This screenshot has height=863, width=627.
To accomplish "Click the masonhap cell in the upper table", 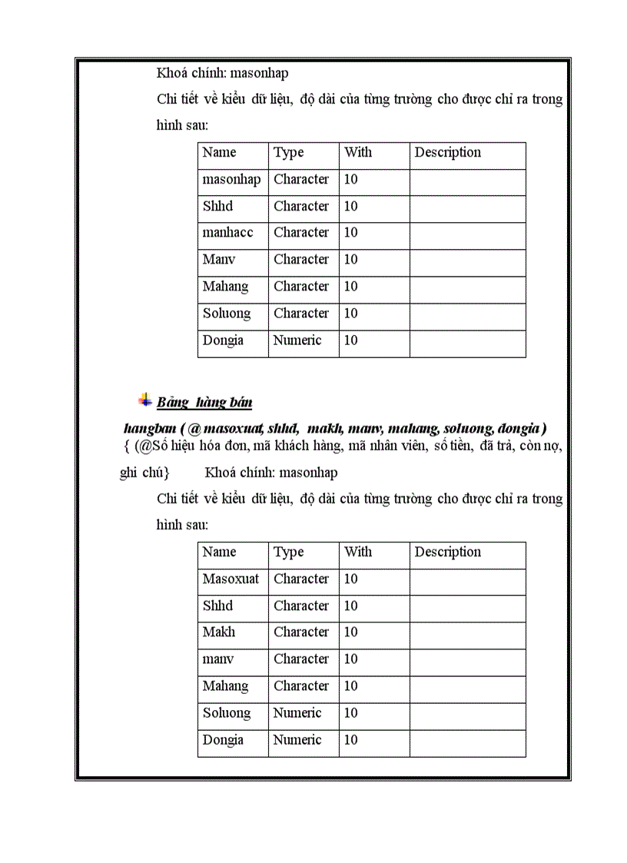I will click(231, 179).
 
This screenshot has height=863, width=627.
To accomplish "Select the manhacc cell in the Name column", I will click(227, 232).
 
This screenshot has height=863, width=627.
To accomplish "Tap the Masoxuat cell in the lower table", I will click(231, 579).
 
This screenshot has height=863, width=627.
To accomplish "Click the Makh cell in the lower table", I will click(219, 632).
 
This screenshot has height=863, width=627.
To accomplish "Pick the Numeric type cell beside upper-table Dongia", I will click(297, 340).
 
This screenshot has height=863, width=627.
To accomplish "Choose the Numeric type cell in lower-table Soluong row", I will click(297, 712).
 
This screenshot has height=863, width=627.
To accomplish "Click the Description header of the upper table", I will click(448, 152).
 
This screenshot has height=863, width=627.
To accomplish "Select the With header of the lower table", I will click(358, 552).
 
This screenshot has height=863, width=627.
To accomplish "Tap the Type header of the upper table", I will click(289, 152).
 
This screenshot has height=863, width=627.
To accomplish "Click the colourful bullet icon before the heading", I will click(144, 400).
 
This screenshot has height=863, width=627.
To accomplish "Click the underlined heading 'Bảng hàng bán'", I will click(204, 402).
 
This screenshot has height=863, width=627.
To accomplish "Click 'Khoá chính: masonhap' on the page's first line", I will click(222, 74).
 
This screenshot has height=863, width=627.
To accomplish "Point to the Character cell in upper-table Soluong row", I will click(301, 313).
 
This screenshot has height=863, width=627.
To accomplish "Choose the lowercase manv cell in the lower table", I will click(217, 659).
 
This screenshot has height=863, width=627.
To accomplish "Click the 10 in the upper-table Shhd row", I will click(350, 206).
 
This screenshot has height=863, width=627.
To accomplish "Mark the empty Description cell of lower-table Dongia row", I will click(467, 740).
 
